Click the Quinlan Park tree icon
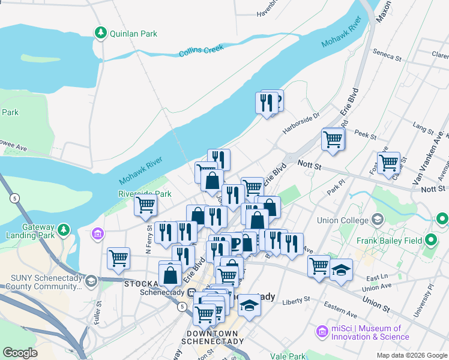(x=101, y=33)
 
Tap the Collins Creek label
(x=201, y=52)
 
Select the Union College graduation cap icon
(x=377, y=220)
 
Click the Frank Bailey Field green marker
(x=430, y=241)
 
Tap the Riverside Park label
(x=145, y=194)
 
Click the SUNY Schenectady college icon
(x=91, y=280)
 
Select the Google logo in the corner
(x=20, y=353)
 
